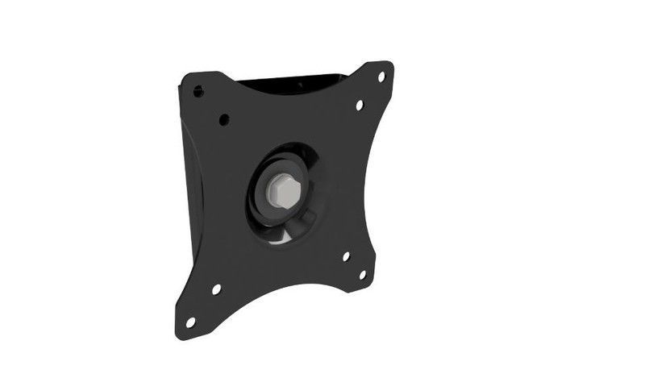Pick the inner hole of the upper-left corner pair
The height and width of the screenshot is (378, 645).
(x=223, y=119)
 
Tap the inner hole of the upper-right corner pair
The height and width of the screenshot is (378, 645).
(x=360, y=104)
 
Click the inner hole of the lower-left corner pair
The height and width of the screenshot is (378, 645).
(x=216, y=289)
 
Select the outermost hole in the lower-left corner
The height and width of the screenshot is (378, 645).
(x=191, y=322)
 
